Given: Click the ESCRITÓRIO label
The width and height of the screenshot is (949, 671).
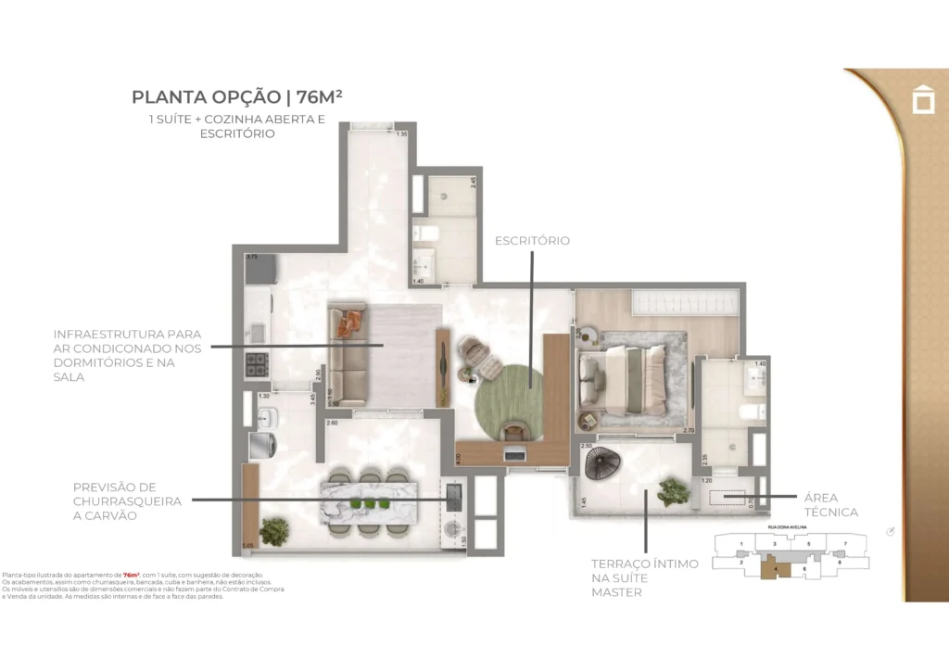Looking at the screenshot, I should click(x=532, y=241).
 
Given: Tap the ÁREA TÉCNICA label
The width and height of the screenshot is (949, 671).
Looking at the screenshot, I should click(x=831, y=505).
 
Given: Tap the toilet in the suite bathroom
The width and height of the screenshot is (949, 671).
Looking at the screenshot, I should click(x=750, y=411).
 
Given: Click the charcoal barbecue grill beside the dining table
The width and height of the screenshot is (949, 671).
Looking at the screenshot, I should click(x=453, y=496).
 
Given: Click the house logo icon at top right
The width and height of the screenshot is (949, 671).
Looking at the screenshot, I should click(x=923, y=99).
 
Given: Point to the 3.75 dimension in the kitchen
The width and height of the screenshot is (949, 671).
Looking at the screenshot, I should click(x=250, y=257).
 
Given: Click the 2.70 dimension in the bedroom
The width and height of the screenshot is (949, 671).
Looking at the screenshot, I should click(x=689, y=430).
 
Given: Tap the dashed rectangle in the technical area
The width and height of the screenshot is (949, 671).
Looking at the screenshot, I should click(x=727, y=498).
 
